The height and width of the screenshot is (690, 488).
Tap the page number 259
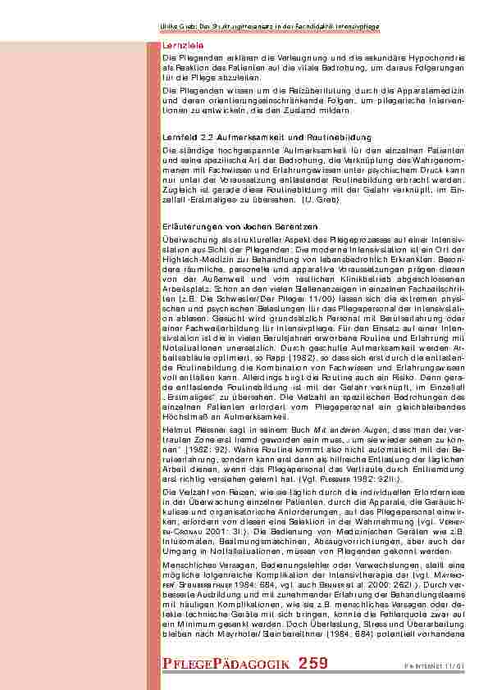314,663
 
